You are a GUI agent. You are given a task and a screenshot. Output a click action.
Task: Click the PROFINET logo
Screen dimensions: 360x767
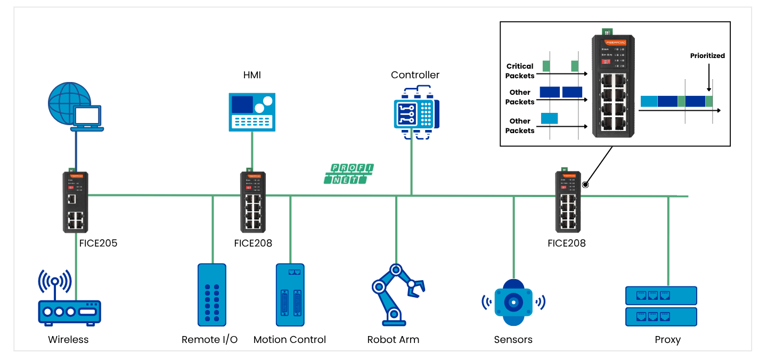(x=349, y=174)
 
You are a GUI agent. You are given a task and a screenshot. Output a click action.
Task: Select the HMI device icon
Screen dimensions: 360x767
(x=252, y=112)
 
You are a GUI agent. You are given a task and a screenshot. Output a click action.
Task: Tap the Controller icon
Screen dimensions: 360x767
(x=417, y=112)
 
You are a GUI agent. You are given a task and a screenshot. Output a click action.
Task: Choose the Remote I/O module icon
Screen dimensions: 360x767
(x=212, y=294)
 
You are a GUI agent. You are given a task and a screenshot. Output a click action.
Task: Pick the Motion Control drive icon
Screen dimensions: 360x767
(x=290, y=294)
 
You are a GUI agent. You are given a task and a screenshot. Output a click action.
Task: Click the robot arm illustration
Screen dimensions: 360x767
(x=397, y=294)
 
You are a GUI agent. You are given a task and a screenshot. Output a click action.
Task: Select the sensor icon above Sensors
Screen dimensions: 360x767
(x=513, y=302)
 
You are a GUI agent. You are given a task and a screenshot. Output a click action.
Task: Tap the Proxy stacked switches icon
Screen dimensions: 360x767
(x=660, y=306)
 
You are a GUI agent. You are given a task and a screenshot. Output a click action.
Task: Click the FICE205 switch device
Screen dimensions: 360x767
(x=76, y=202)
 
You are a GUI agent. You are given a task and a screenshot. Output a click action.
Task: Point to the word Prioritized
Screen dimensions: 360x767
(x=707, y=55)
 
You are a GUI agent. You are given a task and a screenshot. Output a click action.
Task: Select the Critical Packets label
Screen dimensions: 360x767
(x=520, y=71)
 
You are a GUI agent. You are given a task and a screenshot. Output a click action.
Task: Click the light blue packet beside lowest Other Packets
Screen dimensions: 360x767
(x=549, y=118)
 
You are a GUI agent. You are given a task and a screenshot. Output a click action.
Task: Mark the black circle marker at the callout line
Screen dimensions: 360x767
(x=585, y=185)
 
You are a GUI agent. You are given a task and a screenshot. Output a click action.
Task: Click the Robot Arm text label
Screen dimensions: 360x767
(x=393, y=340)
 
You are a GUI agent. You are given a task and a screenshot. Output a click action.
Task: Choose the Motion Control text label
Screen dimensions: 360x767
(x=290, y=340)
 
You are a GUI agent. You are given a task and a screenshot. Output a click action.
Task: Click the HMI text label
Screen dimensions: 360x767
(x=252, y=75)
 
